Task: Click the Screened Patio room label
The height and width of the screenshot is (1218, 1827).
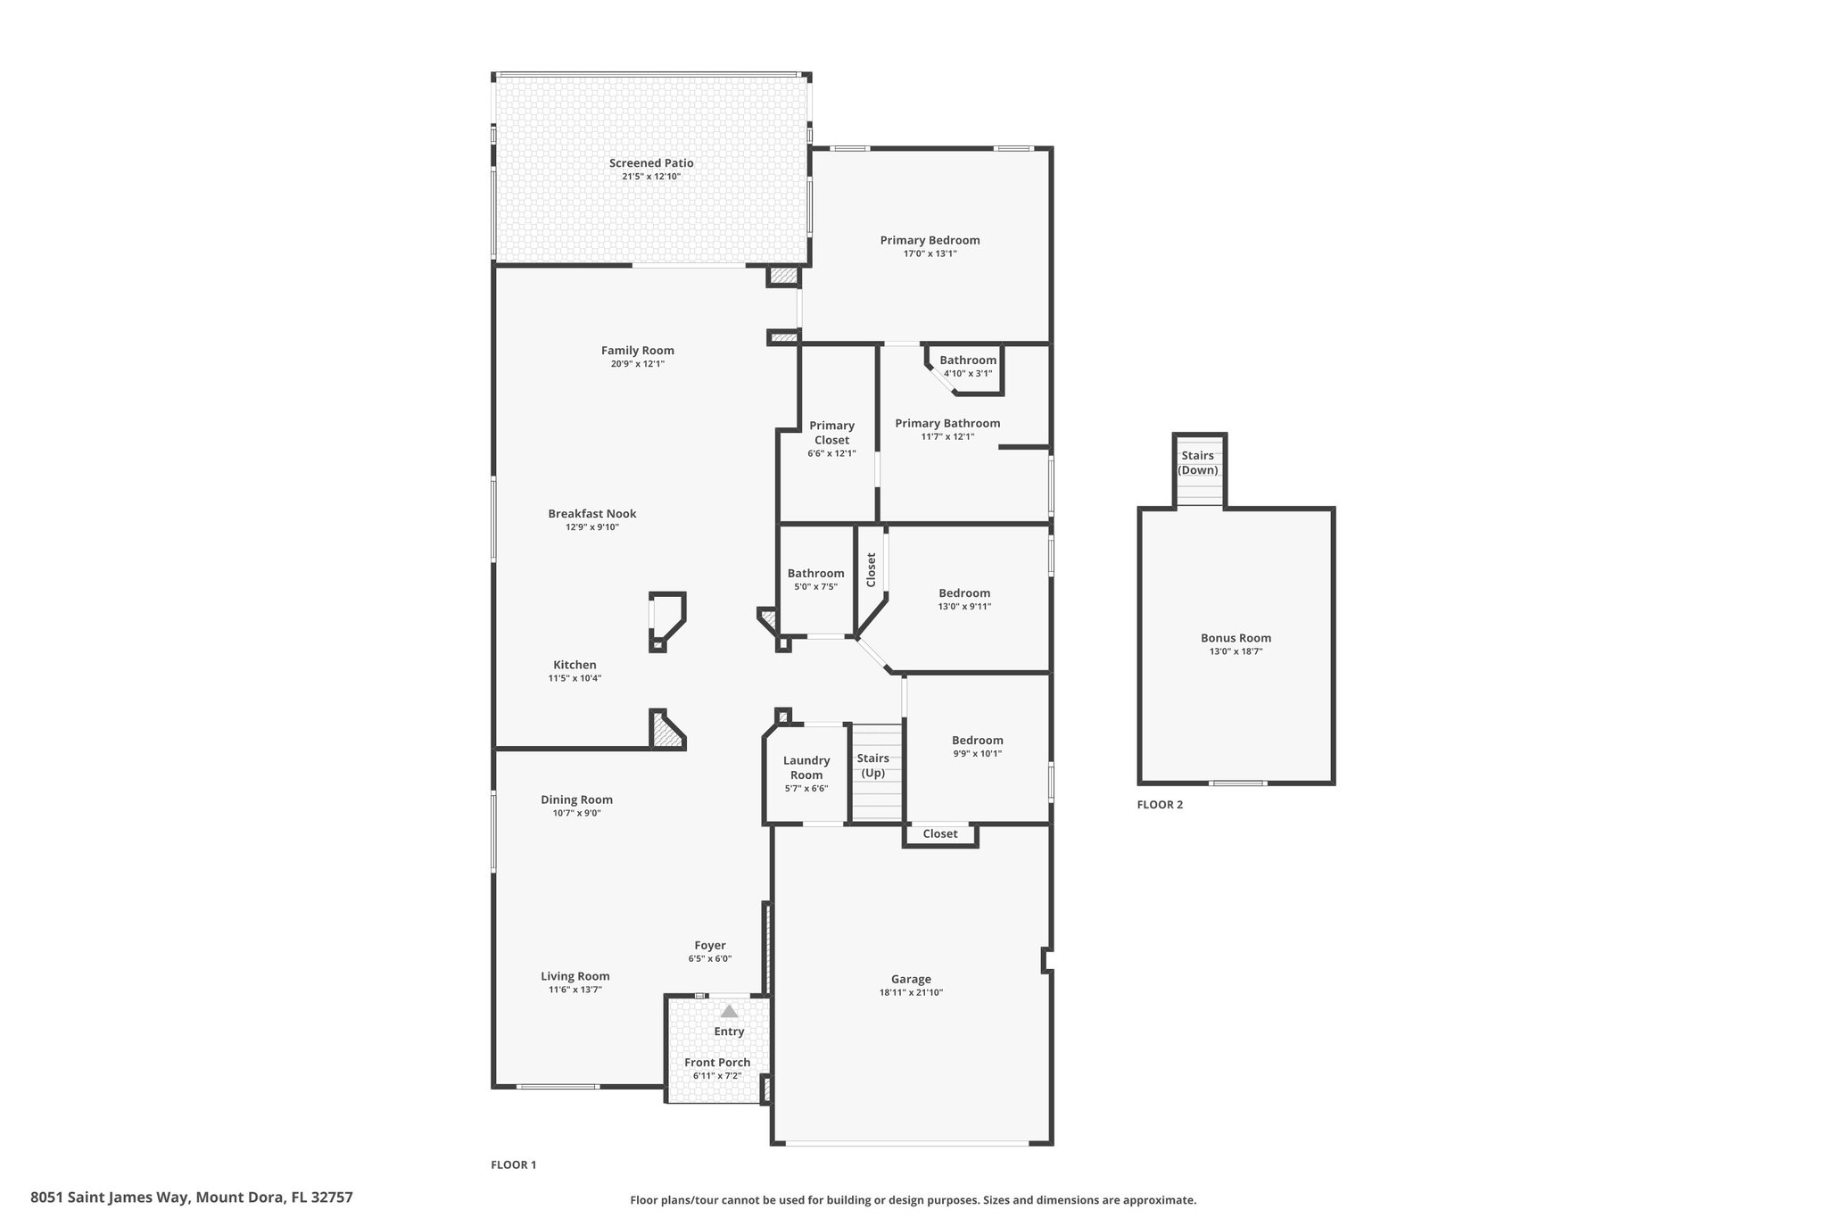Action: click(x=651, y=163)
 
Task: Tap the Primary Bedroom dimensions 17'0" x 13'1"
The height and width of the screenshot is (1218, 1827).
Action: click(x=930, y=253)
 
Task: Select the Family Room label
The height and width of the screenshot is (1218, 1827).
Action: click(x=637, y=351)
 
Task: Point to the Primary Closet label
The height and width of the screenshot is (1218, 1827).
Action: click(x=831, y=433)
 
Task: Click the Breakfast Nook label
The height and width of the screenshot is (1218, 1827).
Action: click(x=592, y=514)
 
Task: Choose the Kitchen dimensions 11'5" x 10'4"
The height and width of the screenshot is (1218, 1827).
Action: click(x=575, y=678)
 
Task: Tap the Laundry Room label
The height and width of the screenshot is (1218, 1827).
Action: click(x=806, y=767)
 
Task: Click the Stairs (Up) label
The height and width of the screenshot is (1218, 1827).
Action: click(x=872, y=766)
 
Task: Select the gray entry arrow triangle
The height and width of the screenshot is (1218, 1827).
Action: click(x=730, y=1011)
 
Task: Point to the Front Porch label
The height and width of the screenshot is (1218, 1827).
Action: click(x=717, y=1062)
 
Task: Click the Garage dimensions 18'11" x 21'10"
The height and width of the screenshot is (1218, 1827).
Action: click(x=911, y=992)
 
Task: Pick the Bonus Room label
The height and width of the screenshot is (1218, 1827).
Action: click(x=1236, y=638)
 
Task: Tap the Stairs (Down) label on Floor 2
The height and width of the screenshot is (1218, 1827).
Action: click(x=1198, y=463)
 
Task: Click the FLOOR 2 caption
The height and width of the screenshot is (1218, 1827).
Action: click(x=1160, y=805)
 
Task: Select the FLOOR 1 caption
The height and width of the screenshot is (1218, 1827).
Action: click(x=514, y=1164)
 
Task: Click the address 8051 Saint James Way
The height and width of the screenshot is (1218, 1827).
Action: click(x=112, y=1197)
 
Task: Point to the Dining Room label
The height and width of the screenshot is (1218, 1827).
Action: click(x=576, y=800)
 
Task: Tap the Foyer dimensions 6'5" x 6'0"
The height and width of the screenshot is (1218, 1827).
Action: click(x=710, y=959)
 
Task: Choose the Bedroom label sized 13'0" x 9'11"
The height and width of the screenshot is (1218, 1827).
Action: click(x=964, y=593)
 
